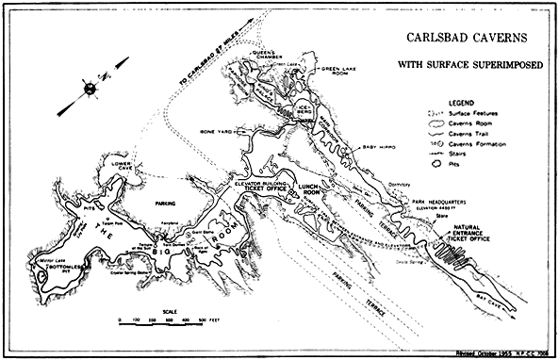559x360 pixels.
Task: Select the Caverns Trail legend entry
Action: tap(469, 135)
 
